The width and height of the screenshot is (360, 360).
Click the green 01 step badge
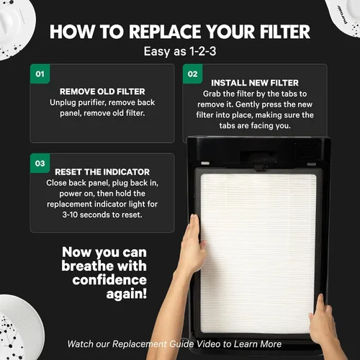point(40,73)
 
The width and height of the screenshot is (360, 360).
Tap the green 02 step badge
point(193,73)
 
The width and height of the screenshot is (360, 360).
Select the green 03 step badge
point(40,163)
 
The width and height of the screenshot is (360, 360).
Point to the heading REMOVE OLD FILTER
point(102,91)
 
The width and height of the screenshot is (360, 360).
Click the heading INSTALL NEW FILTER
point(255,83)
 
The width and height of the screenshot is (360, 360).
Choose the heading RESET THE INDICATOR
point(102,172)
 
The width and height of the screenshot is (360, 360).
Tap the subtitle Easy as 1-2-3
point(180,51)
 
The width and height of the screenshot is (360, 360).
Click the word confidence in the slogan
point(109,280)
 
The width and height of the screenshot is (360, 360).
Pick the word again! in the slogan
point(127,294)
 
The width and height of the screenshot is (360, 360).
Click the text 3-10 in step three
point(70,215)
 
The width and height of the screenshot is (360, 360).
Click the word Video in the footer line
point(208,344)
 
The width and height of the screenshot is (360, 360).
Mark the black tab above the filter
point(258,166)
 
